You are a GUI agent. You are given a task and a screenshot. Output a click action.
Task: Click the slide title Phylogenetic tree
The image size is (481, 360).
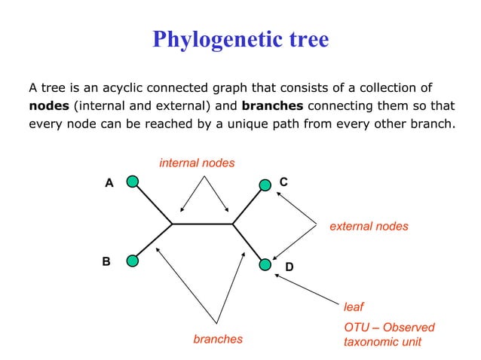coord(240,39)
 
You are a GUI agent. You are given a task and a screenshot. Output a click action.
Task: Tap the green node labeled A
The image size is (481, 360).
coord(132,182)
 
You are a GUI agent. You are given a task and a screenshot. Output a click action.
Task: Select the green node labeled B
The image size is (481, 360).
coord(132,261)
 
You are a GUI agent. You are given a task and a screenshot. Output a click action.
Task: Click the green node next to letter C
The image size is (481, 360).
coord(265,185)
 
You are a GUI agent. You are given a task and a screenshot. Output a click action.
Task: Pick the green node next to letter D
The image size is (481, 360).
coord(265,264)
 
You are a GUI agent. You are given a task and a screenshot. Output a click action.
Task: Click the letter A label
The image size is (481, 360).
coord(109,183)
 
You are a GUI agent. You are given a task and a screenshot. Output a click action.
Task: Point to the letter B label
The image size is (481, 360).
coord(106,261)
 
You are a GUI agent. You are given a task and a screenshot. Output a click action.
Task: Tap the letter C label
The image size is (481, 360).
coord(283,182)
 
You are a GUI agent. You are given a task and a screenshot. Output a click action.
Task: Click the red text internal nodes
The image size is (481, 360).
coord(197,163)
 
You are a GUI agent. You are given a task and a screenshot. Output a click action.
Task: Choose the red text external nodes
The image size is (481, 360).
coord(369,226)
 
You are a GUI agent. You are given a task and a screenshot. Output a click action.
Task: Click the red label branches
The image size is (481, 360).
coord(218,339)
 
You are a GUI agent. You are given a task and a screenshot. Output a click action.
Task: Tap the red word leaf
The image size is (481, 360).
coord(353,307)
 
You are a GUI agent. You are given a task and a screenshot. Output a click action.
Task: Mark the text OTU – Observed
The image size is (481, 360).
coord(389,328)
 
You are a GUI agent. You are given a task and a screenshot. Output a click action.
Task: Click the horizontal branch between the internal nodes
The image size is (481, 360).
coord(202,224)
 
